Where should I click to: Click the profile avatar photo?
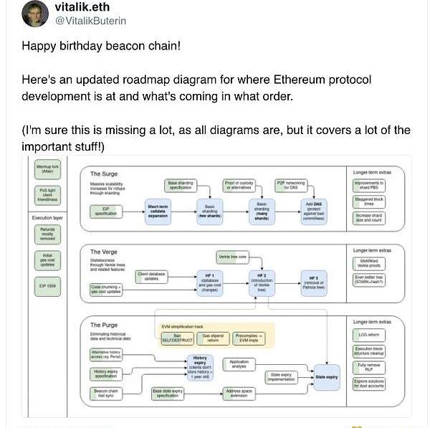pyautogui.click(x=35, y=14)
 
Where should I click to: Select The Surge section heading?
pyautogui.click(x=104, y=173)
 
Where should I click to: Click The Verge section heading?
pyautogui.click(x=104, y=252)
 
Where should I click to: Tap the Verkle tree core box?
pyautogui.click(x=232, y=257)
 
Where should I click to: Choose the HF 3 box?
pyautogui.click(x=313, y=282)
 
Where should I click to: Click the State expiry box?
pyautogui.click(x=326, y=376)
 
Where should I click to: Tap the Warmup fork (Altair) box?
pyautogui.click(x=47, y=169)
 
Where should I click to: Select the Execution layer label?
pyautogui.click(x=48, y=217)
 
